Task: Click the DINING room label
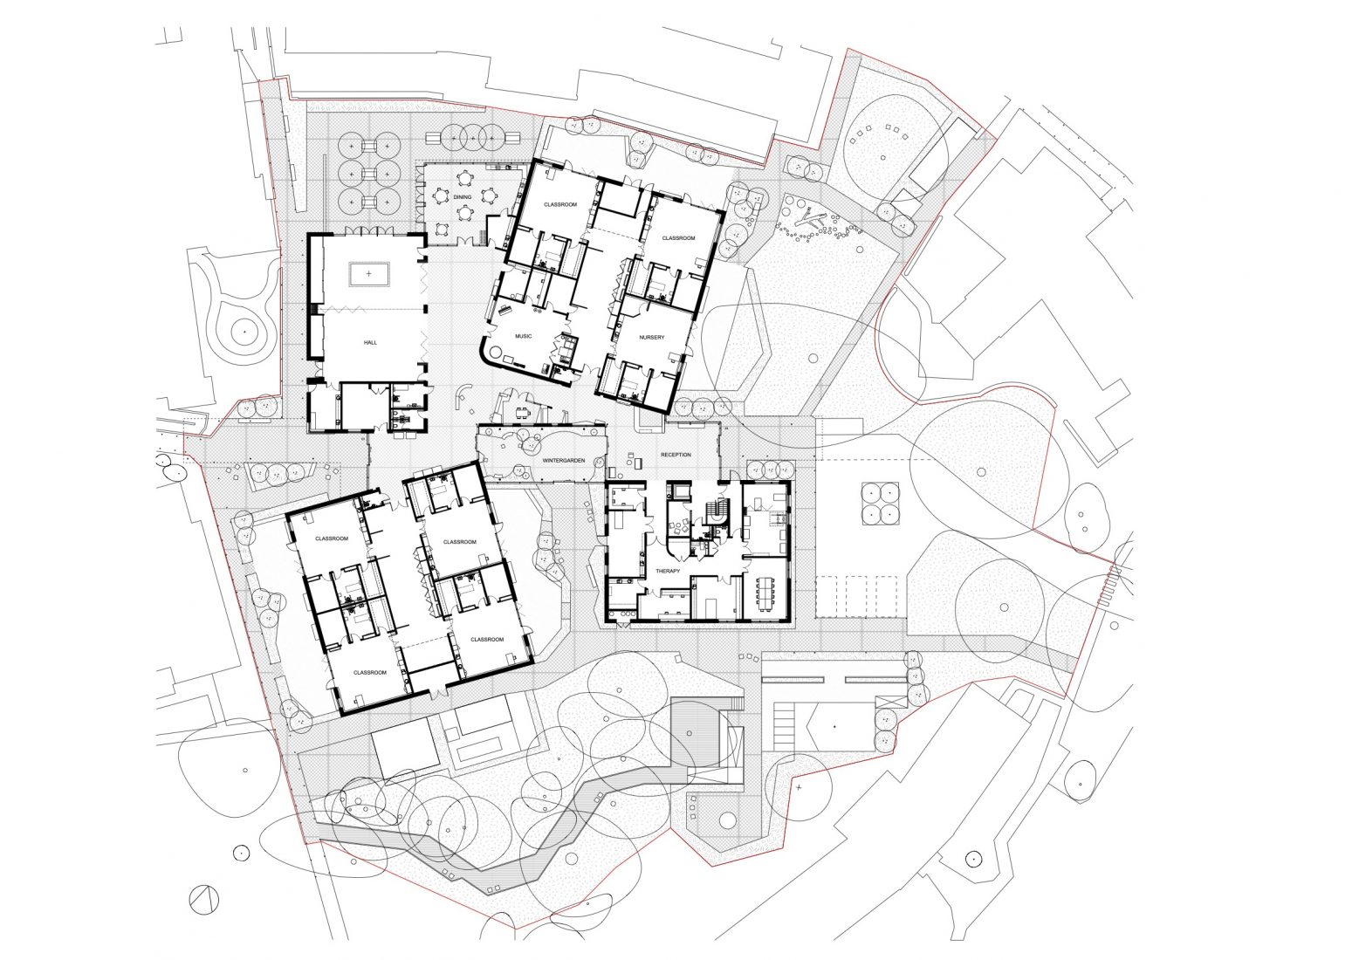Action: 462,197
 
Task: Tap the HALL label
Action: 369,344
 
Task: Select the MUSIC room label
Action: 523,335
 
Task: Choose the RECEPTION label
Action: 676,455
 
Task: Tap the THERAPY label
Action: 668,570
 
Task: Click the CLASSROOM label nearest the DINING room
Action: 559,204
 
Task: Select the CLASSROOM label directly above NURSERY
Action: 677,238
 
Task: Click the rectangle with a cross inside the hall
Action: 369,274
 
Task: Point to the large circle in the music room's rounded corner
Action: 500,353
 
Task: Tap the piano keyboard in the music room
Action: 504,308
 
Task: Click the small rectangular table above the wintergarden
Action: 523,411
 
